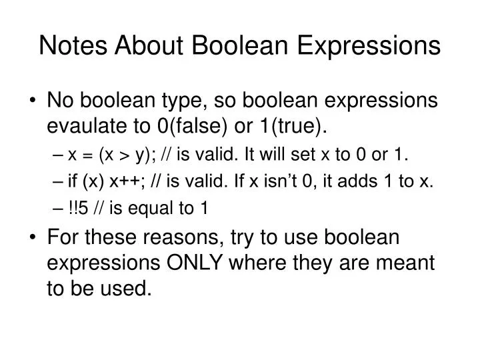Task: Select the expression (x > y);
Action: [x=123, y=156]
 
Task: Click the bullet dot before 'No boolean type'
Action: [x=34, y=101]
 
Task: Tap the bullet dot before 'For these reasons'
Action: [x=34, y=238]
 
